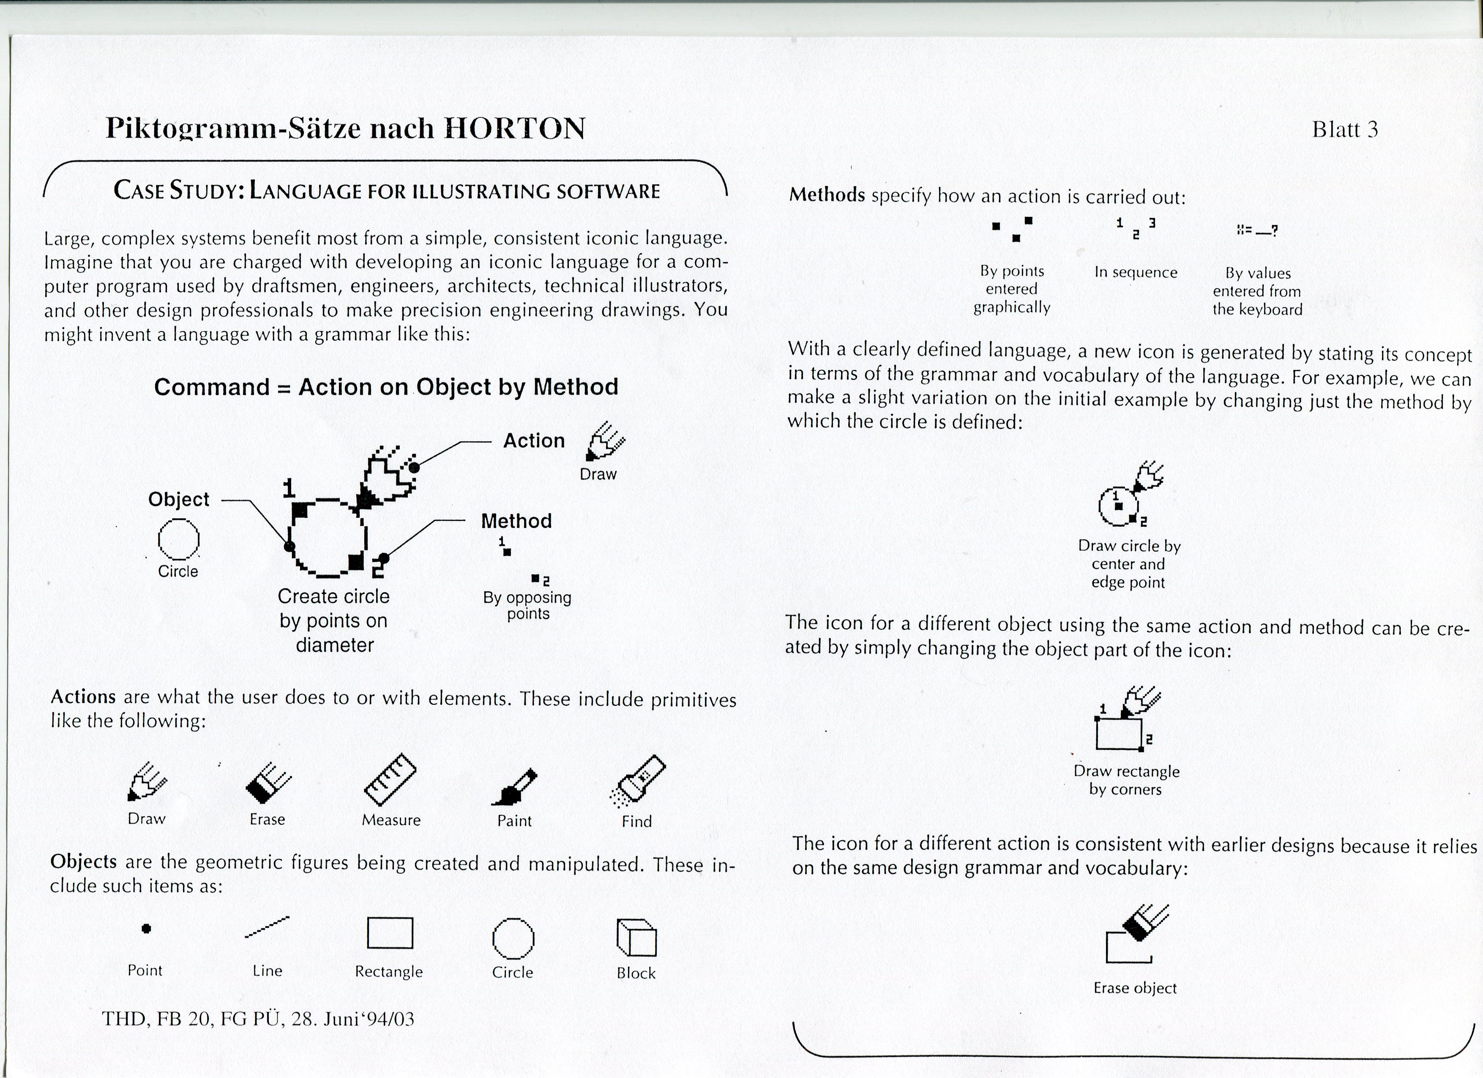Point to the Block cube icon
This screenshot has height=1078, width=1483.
[x=636, y=937]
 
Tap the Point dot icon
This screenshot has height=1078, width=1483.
[x=147, y=928]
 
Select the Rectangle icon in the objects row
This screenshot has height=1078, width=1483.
[x=390, y=933]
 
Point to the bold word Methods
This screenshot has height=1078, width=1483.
[x=827, y=195]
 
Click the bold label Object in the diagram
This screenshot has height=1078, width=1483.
[x=178, y=499]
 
